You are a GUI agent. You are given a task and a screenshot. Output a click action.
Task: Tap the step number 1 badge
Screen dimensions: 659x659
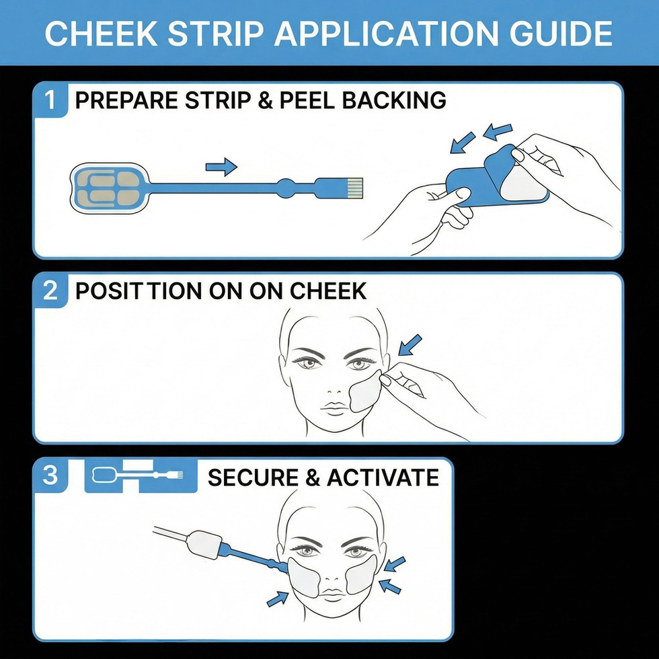[x=51, y=100]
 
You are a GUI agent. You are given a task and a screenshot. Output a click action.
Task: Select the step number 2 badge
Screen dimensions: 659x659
[x=51, y=290]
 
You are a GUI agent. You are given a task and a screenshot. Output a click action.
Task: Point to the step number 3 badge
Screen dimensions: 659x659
[x=51, y=476]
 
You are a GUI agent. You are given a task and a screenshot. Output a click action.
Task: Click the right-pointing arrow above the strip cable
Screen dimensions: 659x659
[x=221, y=166]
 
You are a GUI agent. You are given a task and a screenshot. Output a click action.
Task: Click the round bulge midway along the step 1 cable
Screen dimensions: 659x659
[x=285, y=187]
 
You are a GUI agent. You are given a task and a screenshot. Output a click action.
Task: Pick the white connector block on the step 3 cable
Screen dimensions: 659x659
[x=206, y=545]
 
